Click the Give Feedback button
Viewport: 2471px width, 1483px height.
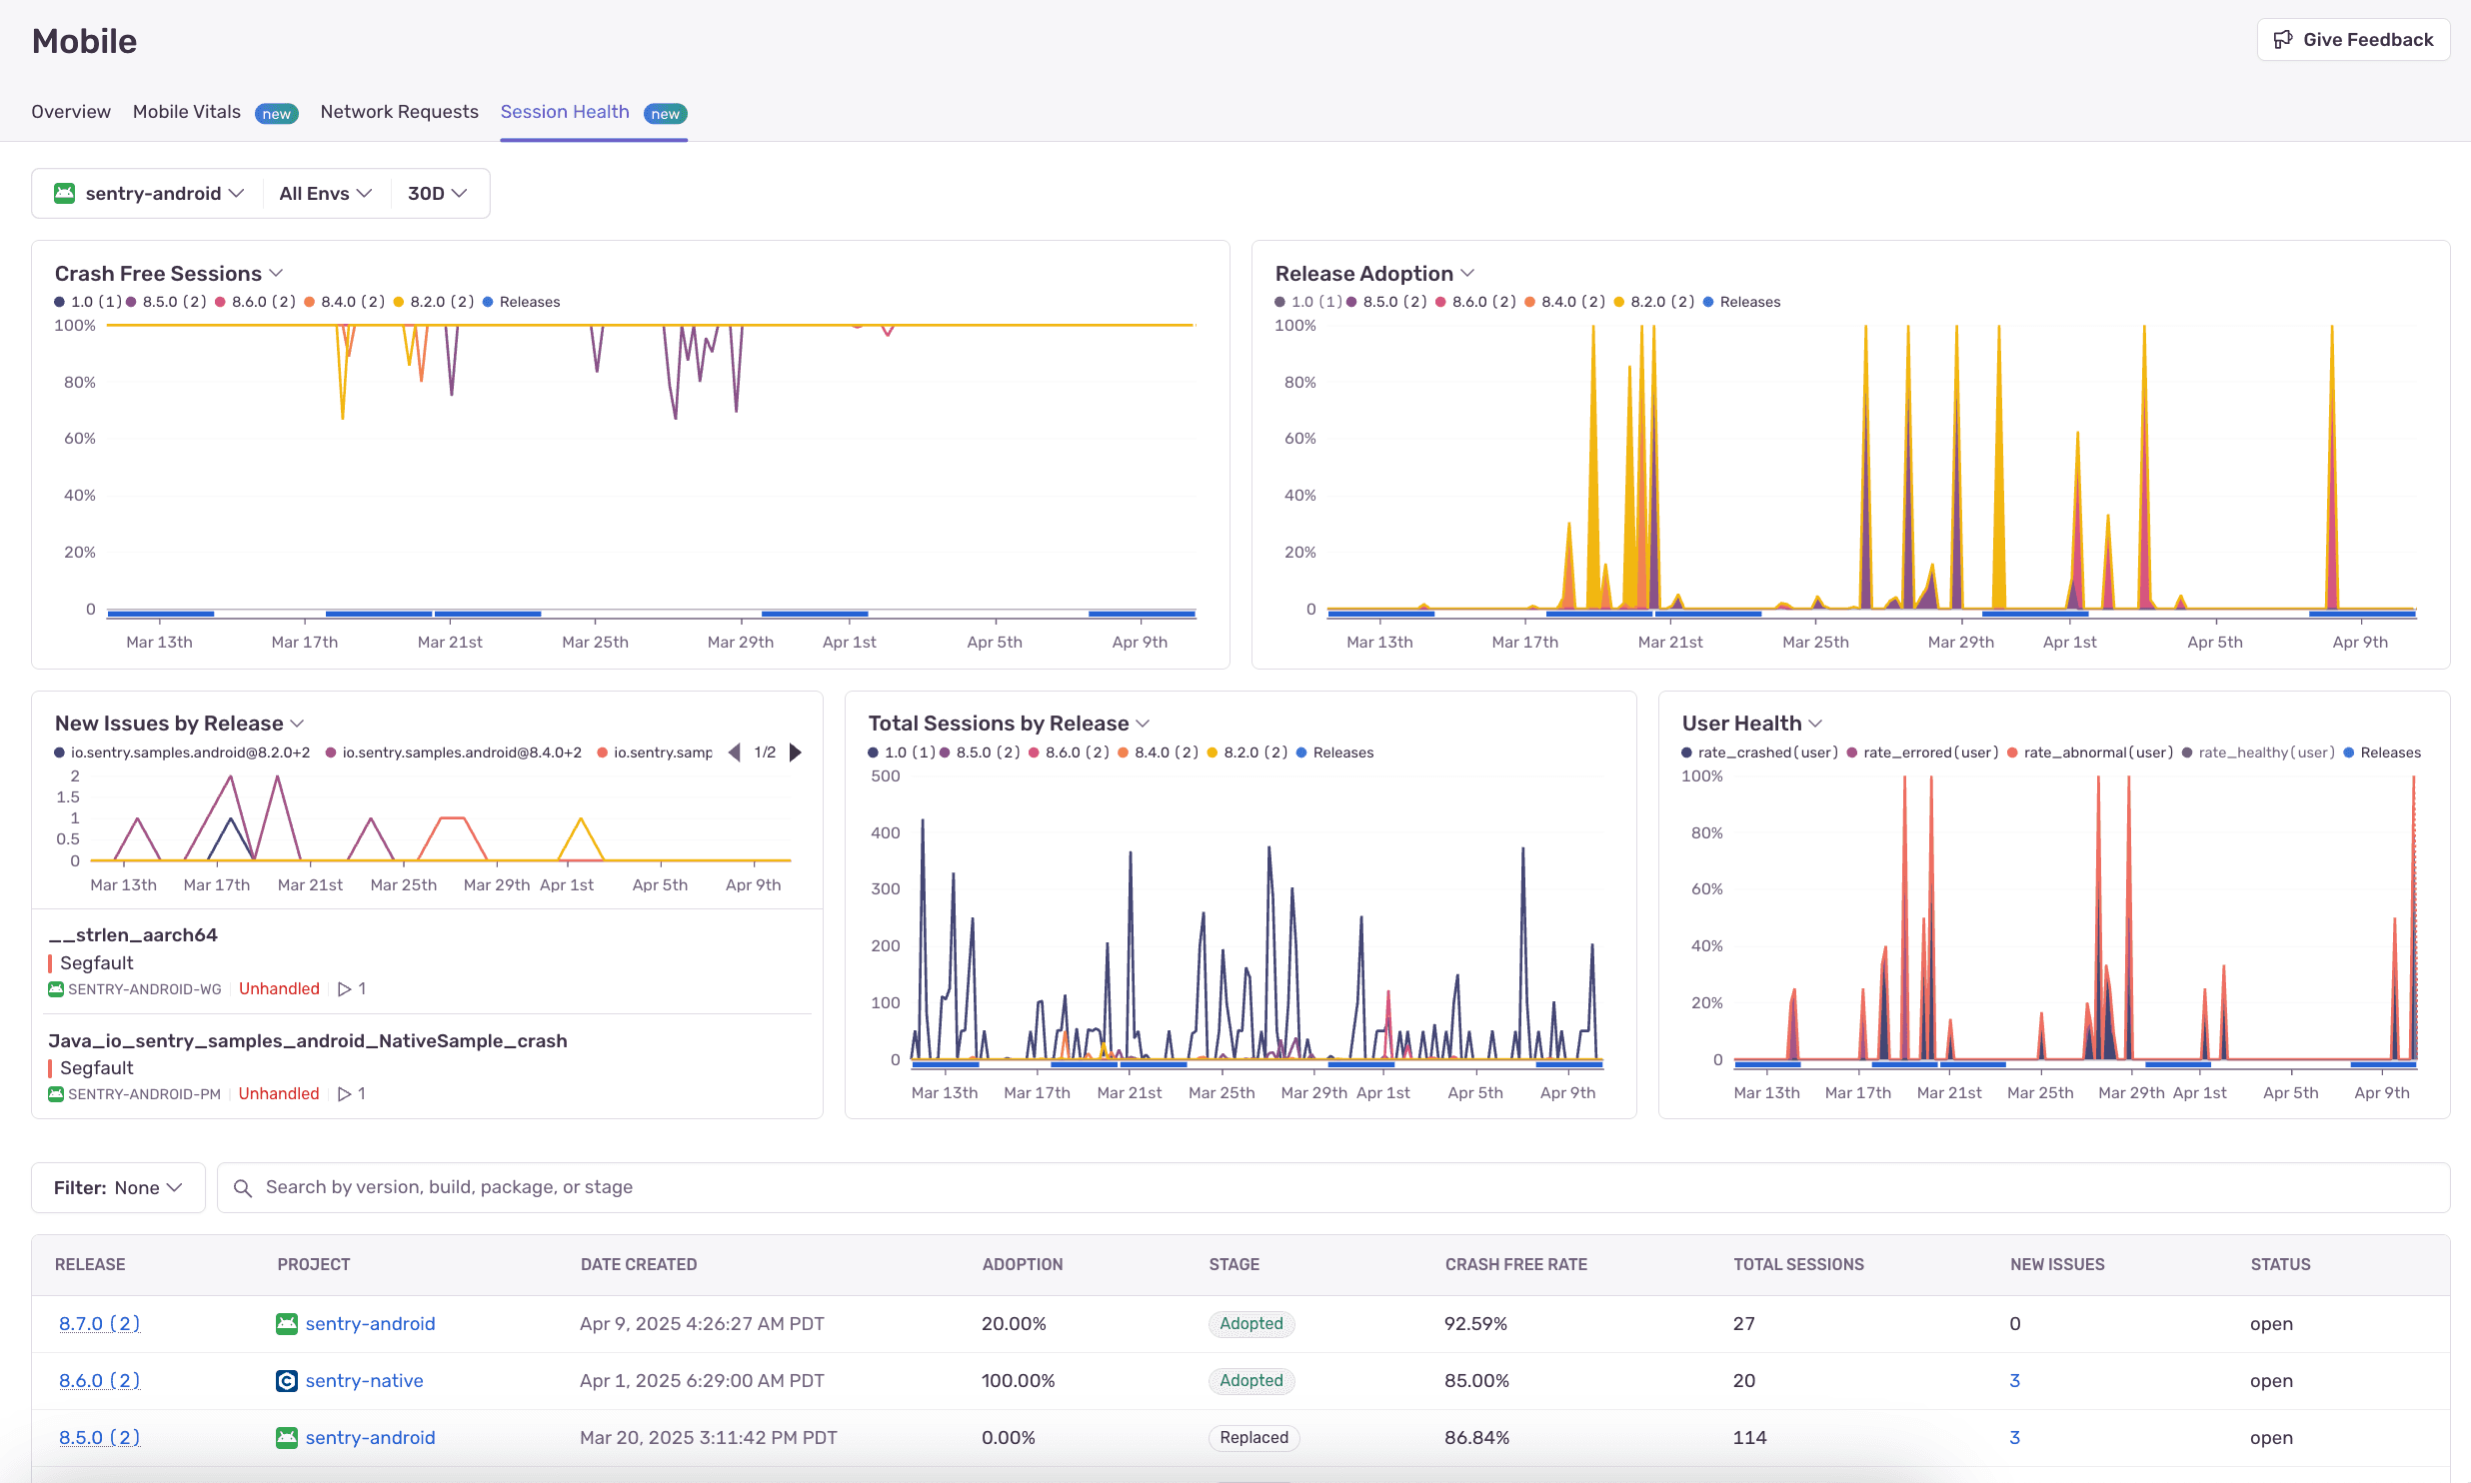2353,40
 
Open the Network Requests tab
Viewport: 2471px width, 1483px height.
399,112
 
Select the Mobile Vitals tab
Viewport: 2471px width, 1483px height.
187,112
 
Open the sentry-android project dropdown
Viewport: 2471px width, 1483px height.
150,193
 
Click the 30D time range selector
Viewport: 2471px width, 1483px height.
437,193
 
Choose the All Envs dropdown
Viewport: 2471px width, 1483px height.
325,193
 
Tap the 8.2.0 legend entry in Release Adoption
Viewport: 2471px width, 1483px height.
1660,302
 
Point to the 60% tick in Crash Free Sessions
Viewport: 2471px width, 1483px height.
80,439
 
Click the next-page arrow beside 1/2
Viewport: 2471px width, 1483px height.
796,752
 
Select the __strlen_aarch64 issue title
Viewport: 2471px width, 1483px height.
133,934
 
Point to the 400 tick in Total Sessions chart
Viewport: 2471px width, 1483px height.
885,832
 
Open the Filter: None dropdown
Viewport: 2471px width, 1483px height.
118,1187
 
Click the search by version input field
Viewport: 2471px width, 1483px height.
1329,1187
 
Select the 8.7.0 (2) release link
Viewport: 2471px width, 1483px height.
99,1323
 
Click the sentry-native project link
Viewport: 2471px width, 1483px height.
364,1380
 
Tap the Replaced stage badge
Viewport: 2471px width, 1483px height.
1253,1437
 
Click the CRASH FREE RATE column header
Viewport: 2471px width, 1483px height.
1515,1264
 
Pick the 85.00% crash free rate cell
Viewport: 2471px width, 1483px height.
1476,1380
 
